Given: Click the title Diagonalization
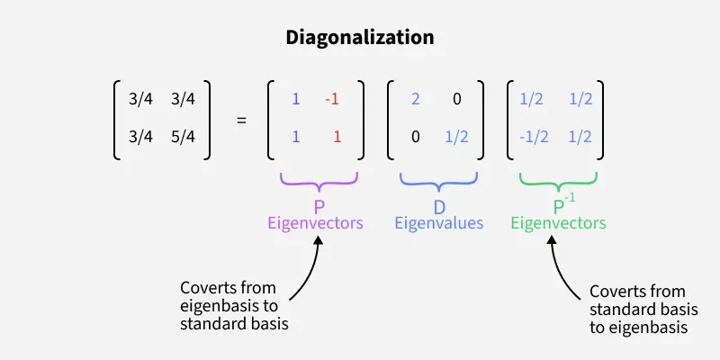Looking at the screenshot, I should (360, 38).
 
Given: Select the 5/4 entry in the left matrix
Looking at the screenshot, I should (183, 138).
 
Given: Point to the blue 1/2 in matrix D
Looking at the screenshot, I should (456, 138).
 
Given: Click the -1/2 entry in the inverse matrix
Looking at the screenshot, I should (533, 138).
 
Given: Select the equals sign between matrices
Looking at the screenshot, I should (240, 118).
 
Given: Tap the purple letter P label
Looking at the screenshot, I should (319, 207).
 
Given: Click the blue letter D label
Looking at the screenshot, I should (439, 207).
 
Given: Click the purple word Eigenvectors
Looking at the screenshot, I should (315, 223).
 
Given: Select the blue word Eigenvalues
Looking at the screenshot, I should (439, 223).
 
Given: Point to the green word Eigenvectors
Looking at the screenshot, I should (558, 223).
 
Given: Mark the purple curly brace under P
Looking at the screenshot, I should (319, 181).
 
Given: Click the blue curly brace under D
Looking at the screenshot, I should (439, 181).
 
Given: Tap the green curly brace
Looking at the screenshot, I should (558, 181).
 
